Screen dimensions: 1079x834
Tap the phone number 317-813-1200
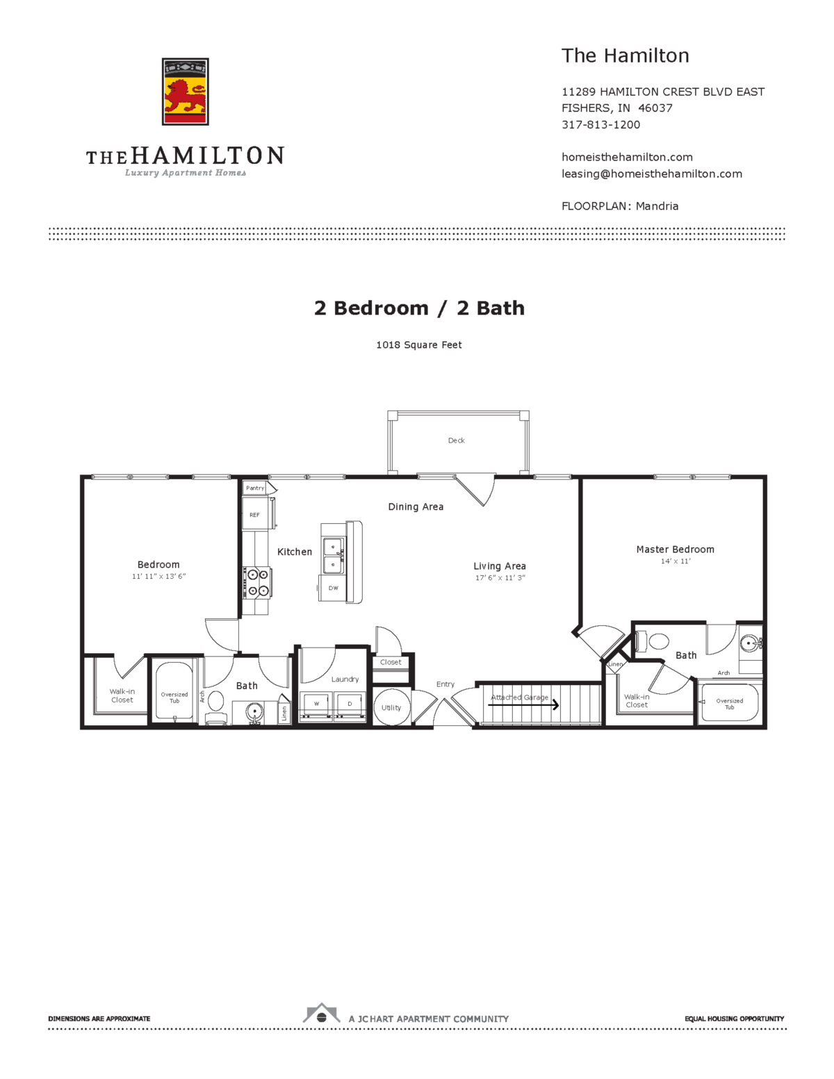(600, 124)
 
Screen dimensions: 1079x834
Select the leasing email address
(651, 174)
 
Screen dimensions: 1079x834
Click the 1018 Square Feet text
(418, 345)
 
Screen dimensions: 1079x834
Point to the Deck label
(456, 440)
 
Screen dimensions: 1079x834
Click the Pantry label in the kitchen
(255, 488)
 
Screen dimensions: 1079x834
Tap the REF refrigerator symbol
(255, 515)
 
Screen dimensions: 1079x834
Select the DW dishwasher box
(333, 588)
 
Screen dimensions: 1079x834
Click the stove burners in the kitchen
(258, 582)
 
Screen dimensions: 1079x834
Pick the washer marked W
(316, 705)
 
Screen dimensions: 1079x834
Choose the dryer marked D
(350, 705)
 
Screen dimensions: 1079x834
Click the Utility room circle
(391, 707)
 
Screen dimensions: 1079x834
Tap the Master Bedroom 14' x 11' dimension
(675, 561)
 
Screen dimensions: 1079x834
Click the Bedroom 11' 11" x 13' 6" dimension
(158, 577)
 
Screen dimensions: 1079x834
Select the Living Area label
(499, 566)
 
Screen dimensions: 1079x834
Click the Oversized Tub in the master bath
(729, 704)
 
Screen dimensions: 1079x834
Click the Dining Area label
(416, 507)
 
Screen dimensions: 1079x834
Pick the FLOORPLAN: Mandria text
(619, 206)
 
